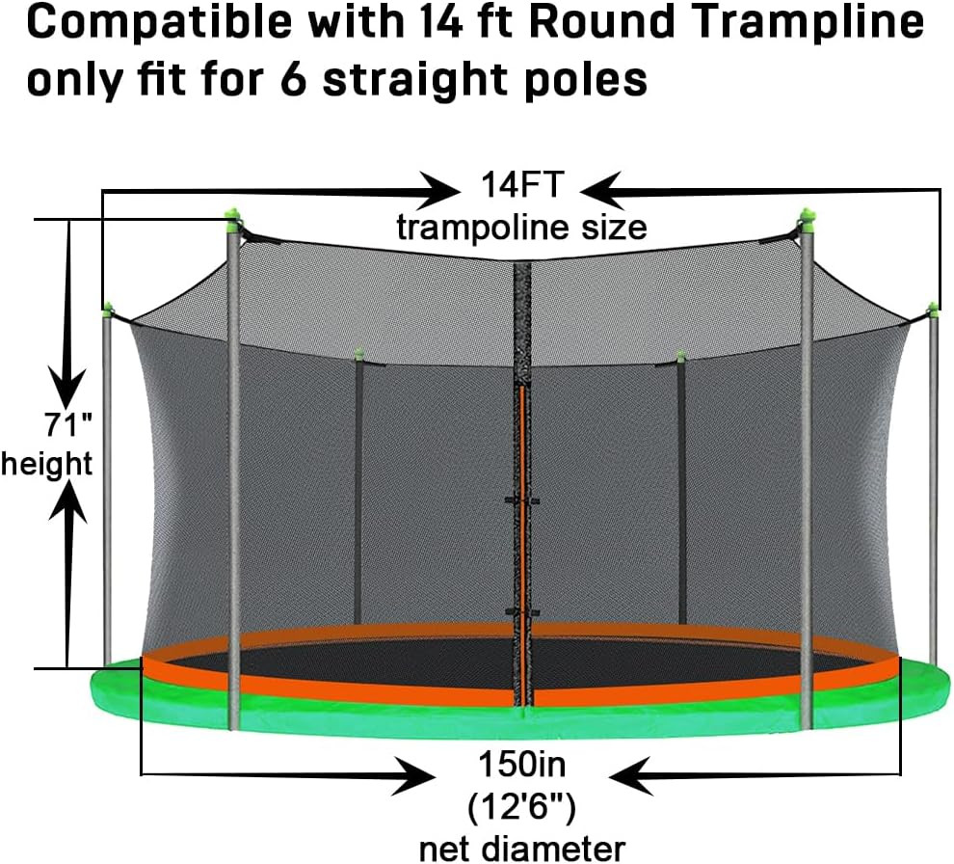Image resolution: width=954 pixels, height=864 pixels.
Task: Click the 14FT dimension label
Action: (x=521, y=184)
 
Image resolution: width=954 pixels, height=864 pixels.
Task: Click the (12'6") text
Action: (x=521, y=807)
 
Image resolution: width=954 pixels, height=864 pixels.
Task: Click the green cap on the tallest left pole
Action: (x=231, y=217)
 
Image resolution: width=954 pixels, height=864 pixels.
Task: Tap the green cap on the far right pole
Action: (x=933, y=309)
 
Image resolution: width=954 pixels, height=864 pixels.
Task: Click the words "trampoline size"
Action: (x=521, y=228)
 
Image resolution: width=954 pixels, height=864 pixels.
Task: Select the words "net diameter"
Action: (x=521, y=849)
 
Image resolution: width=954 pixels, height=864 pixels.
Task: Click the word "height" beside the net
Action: (x=46, y=464)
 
